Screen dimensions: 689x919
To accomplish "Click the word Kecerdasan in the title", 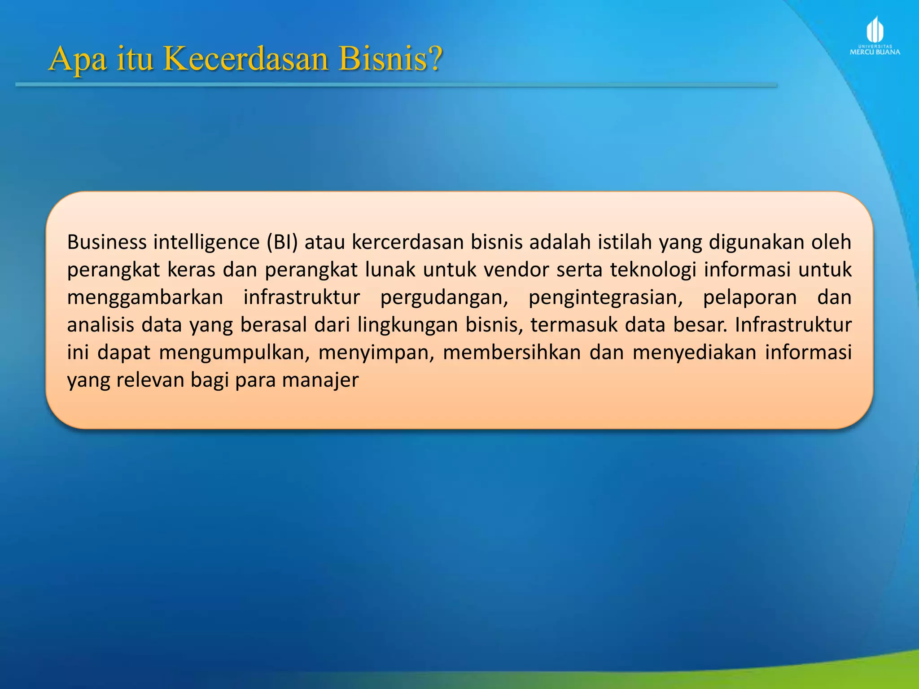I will point(245,59).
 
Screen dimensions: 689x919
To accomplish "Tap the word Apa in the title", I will point(78,60).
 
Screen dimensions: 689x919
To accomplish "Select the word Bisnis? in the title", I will point(390,59).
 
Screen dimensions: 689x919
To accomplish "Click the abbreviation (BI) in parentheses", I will point(282,242).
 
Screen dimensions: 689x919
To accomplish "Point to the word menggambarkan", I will point(145,297).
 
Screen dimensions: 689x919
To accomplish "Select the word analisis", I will point(101,325).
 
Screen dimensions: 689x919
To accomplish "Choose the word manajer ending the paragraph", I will point(320,381).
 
